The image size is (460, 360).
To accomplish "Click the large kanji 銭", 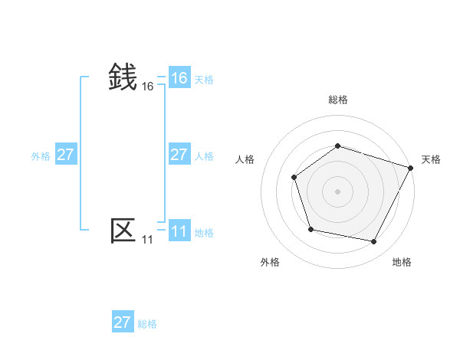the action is (x=123, y=77).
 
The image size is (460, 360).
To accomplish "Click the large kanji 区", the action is (x=123, y=230).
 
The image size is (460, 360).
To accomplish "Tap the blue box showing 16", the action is (x=179, y=78).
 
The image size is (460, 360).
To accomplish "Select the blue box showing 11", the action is (x=179, y=231).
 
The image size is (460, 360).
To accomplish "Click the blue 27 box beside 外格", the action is (x=66, y=155).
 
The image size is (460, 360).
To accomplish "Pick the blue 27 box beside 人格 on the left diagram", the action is (x=179, y=155).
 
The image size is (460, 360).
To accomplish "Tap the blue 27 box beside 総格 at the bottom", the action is (x=123, y=322).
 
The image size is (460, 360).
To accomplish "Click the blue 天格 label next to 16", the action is (x=204, y=80).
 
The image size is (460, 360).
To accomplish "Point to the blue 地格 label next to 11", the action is (x=204, y=233).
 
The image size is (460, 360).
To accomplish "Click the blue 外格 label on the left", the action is (x=41, y=156).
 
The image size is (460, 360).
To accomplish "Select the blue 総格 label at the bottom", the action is (x=147, y=324).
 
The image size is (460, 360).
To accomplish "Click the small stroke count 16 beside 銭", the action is (x=148, y=87).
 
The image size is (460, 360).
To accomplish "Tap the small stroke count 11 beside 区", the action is (x=148, y=240).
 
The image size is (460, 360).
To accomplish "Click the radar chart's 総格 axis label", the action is (x=337, y=100).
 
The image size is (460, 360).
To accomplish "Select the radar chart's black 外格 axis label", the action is (x=270, y=262).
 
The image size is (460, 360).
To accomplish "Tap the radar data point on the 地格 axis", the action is (x=374, y=242).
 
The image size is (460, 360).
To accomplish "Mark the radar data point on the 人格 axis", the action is (x=294, y=178).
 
